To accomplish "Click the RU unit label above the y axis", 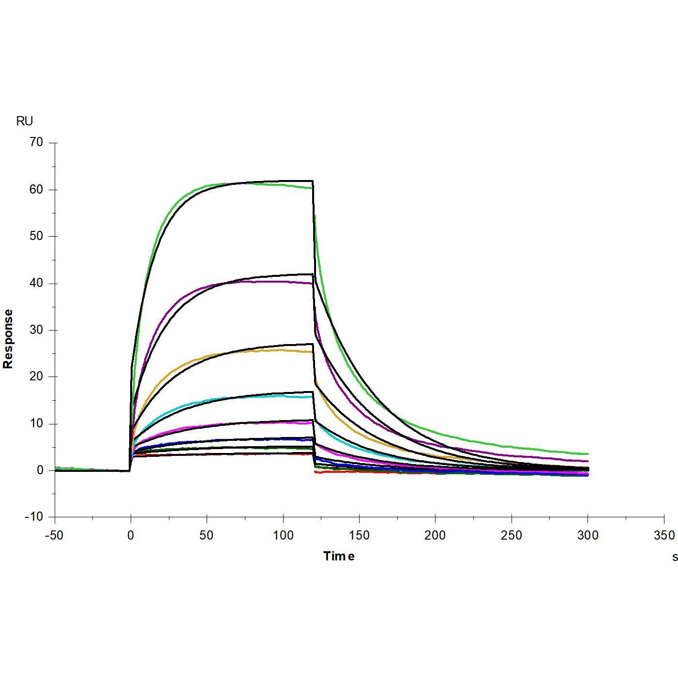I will [24, 121].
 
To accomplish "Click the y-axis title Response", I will [8, 339].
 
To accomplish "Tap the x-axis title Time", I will [339, 556].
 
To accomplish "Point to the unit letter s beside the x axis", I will [675, 557].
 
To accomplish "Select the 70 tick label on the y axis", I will [36, 142].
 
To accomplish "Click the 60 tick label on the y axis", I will [36, 189].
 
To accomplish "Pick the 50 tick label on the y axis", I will [36, 236].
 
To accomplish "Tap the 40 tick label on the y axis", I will [36, 283].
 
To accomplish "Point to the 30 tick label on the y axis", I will [36, 330].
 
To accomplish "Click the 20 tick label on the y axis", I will [36, 377].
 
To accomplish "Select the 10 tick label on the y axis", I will [36, 423].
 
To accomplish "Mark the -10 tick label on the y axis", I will [34, 517].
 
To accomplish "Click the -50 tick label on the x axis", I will [54, 535].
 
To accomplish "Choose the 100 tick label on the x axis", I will [283, 535].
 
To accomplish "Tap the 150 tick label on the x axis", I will [359, 535].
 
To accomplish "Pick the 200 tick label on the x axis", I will [435, 535].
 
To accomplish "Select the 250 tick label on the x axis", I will [512, 535].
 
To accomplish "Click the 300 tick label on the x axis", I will [588, 535].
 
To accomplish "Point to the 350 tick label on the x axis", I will [664, 535].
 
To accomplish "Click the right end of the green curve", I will [588, 454].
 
